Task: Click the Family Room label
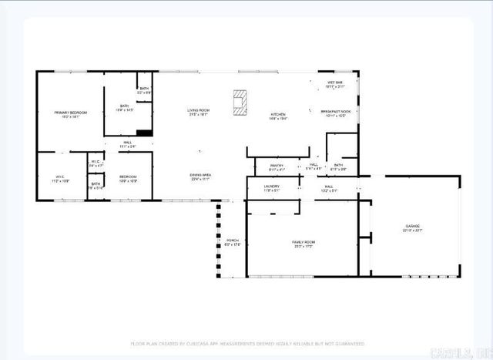pyautogui.click(x=304, y=244)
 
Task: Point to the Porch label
pyautogui.click(x=232, y=243)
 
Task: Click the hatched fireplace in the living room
pyautogui.click(x=241, y=103)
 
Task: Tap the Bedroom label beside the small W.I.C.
pyautogui.click(x=128, y=178)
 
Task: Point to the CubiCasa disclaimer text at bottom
pyautogui.click(x=246, y=342)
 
